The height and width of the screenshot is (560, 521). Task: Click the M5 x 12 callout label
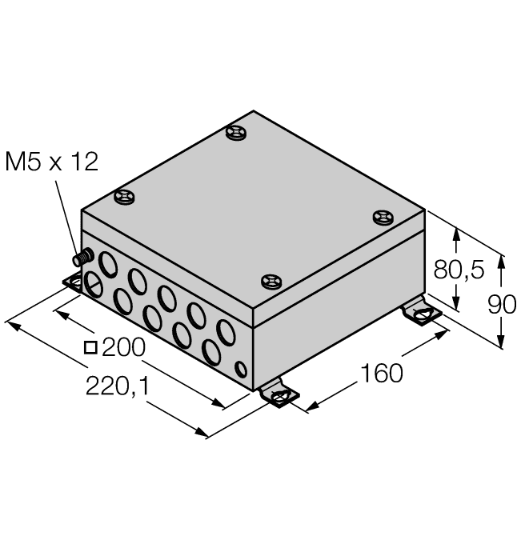point(52,162)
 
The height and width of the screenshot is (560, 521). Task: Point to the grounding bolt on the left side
point(82,258)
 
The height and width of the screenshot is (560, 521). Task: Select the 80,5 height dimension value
point(459,270)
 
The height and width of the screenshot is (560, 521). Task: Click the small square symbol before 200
point(90,347)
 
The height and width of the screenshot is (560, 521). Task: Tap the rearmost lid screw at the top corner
point(237,133)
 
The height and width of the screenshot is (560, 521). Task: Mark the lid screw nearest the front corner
point(272,281)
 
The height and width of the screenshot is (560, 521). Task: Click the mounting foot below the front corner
point(278,394)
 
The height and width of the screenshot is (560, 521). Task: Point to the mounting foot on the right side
point(421,314)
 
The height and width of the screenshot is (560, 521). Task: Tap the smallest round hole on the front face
point(241,368)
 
